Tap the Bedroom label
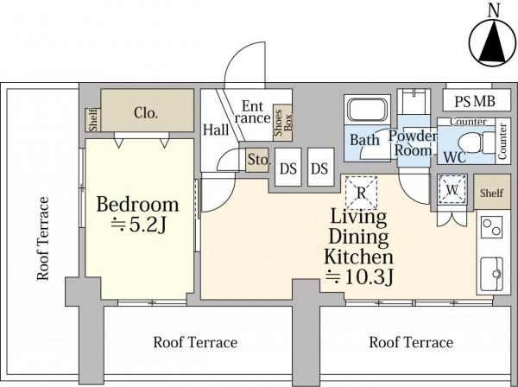coord(137,205)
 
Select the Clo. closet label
coord(146,113)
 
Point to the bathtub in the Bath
coord(368,110)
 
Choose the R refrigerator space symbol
coord(362,193)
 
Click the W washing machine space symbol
coord(452,189)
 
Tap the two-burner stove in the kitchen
coord(491,227)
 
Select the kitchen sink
coord(491,274)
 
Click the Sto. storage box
coord(257,160)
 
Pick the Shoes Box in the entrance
coord(282,123)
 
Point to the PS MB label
coord(475,101)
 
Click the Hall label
coord(216,130)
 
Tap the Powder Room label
coord(413,143)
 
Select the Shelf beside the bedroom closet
coord(93,120)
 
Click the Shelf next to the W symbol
coord(491,192)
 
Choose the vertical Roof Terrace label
coord(43,238)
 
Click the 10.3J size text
coord(359,277)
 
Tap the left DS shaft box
coord(288,167)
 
